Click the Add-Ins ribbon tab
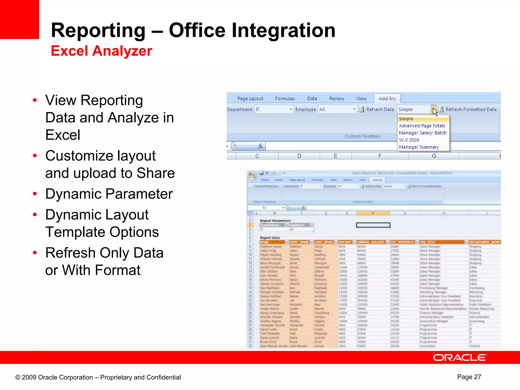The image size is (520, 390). click(387, 99)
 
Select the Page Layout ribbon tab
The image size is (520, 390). click(250, 99)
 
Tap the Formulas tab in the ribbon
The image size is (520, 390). click(285, 99)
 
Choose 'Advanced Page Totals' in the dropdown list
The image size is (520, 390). click(422, 126)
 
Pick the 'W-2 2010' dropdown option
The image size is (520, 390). click(409, 140)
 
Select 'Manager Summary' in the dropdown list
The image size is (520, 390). click(419, 147)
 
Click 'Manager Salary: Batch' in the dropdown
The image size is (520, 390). click(422, 133)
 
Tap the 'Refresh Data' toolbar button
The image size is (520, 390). click(377, 109)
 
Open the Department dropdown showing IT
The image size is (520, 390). click(290, 109)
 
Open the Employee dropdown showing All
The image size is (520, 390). click(354, 109)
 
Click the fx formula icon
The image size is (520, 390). click(260, 146)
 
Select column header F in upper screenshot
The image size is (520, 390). click(380, 156)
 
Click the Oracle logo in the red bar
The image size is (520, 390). click(460, 357)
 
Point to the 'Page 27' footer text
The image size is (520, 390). click(469, 377)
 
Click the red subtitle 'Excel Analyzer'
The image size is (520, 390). click(101, 51)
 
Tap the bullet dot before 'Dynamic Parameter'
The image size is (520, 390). click(35, 194)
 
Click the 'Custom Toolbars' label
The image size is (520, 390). click(362, 136)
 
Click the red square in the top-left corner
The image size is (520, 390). click(19, 19)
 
